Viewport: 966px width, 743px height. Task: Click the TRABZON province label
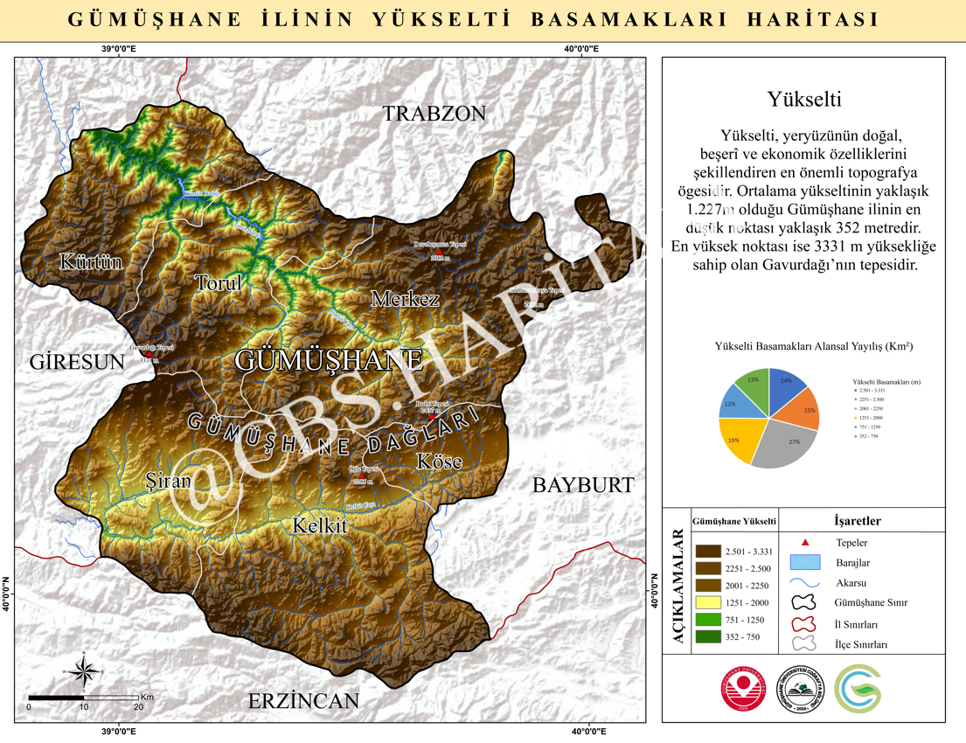pyautogui.click(x=434, y=114)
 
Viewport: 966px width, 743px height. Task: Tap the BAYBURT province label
pyautogui.click(x=583, y=486)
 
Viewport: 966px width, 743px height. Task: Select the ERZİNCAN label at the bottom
pyautogui.click(x=303, y=701)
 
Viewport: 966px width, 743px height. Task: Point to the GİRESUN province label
pyautogui.click(x=77, y=362)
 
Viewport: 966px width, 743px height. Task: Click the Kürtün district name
pyautogui.click(x=91, y=262)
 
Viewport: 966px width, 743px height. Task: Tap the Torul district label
pyautogui.click(x=219, y=284)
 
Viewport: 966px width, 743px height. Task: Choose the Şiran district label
pyautogui.click(x=168, y=482)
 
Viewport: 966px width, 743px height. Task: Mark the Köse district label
pyautogui.click(x=439, y=462)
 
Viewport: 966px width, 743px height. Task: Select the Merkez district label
pyautogui.click(x=405, y=299)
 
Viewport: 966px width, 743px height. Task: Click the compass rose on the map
pyautogui.click(x=84, y=671)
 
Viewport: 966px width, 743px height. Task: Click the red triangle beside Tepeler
pyautogui.click(x=805, y=543)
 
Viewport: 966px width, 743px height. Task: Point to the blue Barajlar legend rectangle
pyautogui.click(x=805, y=562)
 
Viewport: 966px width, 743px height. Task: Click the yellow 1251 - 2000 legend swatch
pyautogui.click(x=708, y=602)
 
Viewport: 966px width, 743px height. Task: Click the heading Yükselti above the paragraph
pyautogui.click(x=803, y=100)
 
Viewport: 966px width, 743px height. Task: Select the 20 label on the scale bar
pyautogui.click(x=138, y=706)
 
